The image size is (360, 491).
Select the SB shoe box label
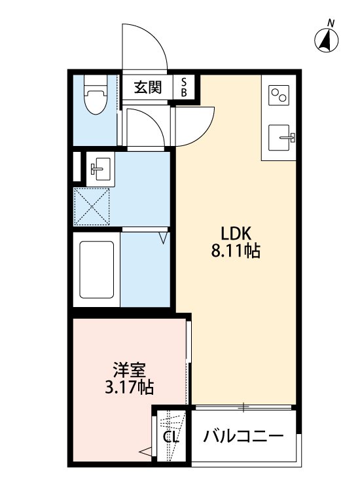pyautogui.click(x=184, y=88)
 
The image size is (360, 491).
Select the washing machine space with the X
pyautogui.click(x=93, y=206)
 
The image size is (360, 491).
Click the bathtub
pyautogui.click(x=97, y=269)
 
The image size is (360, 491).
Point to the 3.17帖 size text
pyautogui.click(x=129, y=388)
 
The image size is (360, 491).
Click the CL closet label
pyautogui.click(x=172, y=437)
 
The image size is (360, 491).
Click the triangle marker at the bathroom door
pyautogui.click(x=164, y=238)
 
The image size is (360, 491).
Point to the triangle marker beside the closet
pyautogui.click(x=145, y=450)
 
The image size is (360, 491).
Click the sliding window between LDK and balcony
pyautogui.click(x=243, y=408)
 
